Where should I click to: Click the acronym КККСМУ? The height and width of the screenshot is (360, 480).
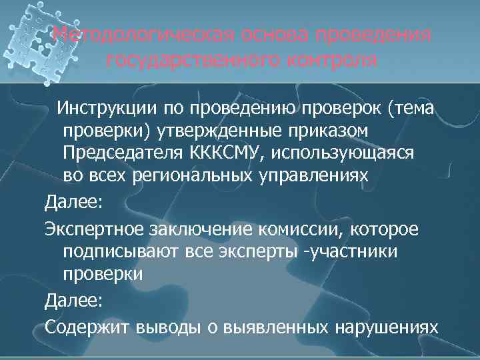click(x=224, y=153)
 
